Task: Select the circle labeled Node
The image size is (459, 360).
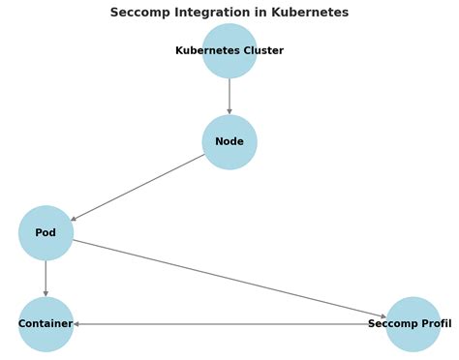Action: tap(229, 142)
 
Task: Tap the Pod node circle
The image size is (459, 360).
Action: tap(46, 233)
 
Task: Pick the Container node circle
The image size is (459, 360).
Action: tap(46, 324)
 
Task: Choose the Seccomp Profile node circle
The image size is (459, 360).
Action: tap(413, 324)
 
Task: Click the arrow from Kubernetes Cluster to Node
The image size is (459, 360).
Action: tap(229, 96)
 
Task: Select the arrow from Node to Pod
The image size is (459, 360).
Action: tap(138, 188)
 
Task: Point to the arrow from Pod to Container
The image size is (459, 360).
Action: tap(46, 279)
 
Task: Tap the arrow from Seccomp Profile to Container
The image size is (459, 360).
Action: tap(229, 324)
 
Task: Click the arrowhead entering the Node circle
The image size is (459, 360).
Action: tap(229, 112)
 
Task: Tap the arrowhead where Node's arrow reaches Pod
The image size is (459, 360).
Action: tap(74, 219)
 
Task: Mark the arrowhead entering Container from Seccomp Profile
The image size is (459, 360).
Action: tap(76, 324)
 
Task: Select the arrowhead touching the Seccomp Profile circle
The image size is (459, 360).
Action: tap(383, 316)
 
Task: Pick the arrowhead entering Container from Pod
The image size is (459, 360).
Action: tap(46, 294)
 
